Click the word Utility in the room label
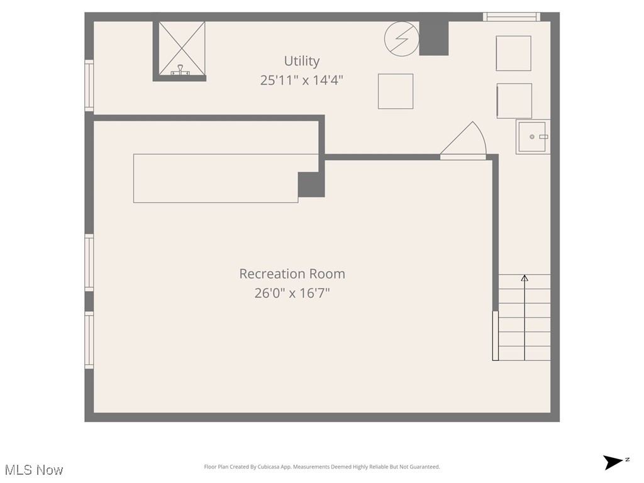tap(302, 61)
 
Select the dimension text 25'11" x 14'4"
tap(302, 80)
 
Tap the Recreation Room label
tap(292, 274)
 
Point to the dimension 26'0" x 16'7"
tap(292, 293)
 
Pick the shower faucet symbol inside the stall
tap(181, 70)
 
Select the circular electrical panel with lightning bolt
tap(401, 38)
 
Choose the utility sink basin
tap(532, 136)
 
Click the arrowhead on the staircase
tap(525, 277)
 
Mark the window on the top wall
tap(511, 17)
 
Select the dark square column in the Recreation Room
tap(311, 184)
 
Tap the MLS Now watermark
tap(34, 470)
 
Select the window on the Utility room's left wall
tap(89, 86)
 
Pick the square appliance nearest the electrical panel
tap(396, 91)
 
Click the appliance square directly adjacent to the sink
tap(514, 101)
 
